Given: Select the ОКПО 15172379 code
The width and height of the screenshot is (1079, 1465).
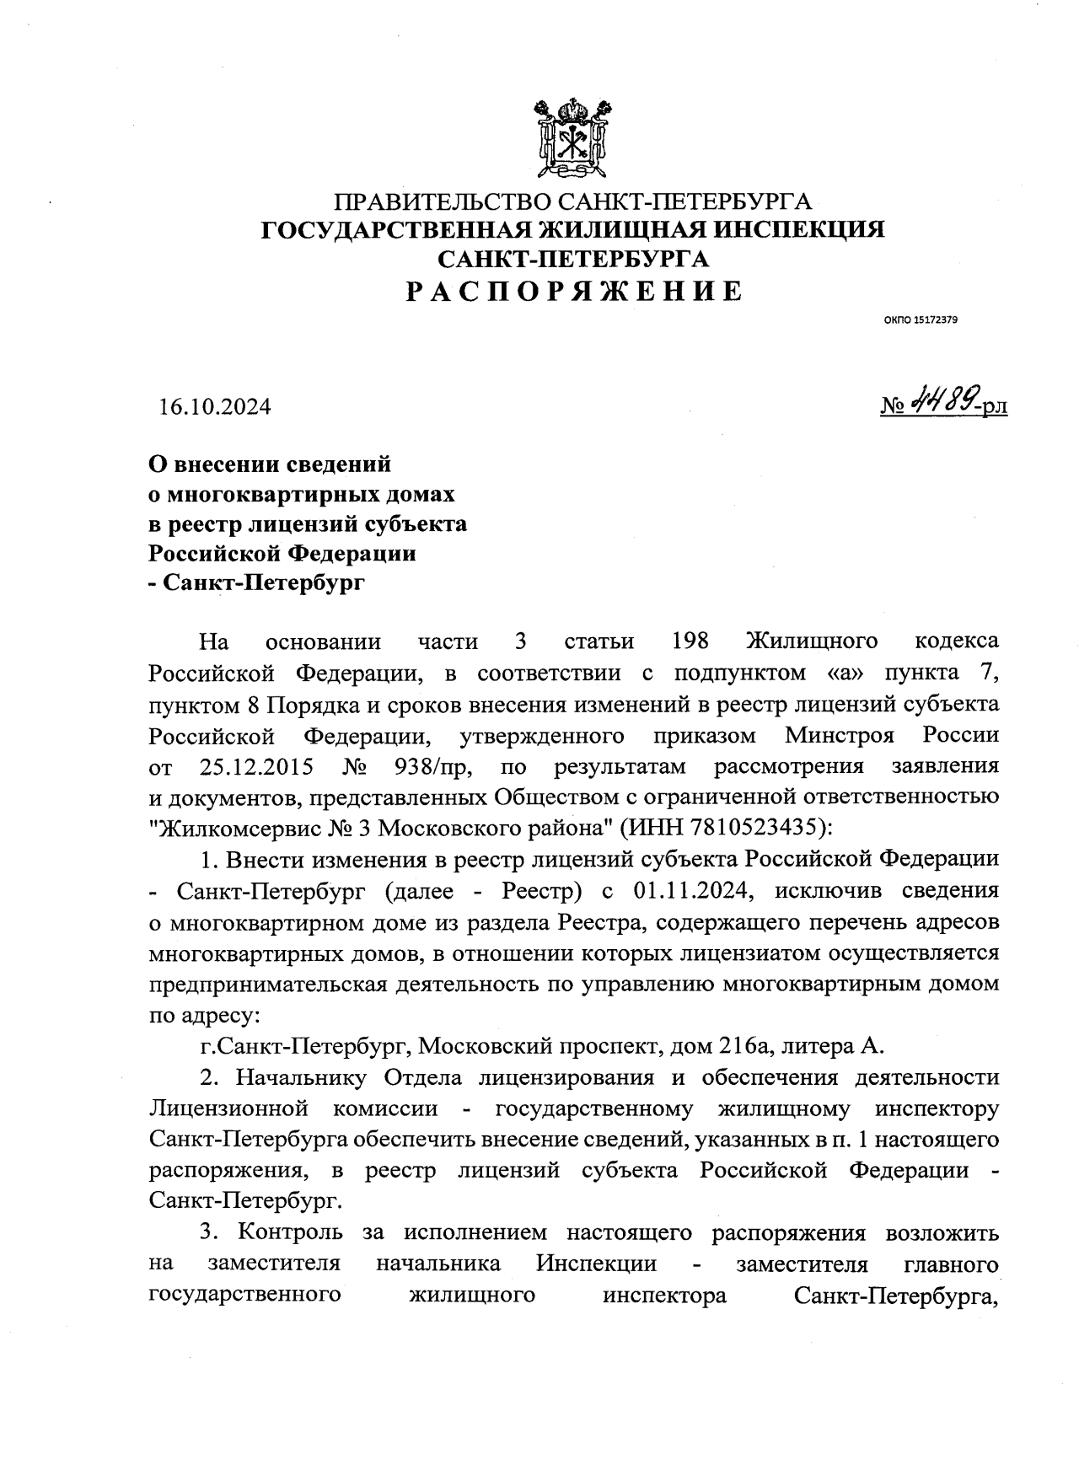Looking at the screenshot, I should (921, 320).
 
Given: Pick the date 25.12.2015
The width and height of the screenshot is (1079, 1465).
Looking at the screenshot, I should (257, 766).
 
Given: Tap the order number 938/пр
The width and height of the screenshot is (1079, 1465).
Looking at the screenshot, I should (433, 766).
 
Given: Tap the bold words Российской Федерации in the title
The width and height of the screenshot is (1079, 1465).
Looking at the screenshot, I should (282, 553).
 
